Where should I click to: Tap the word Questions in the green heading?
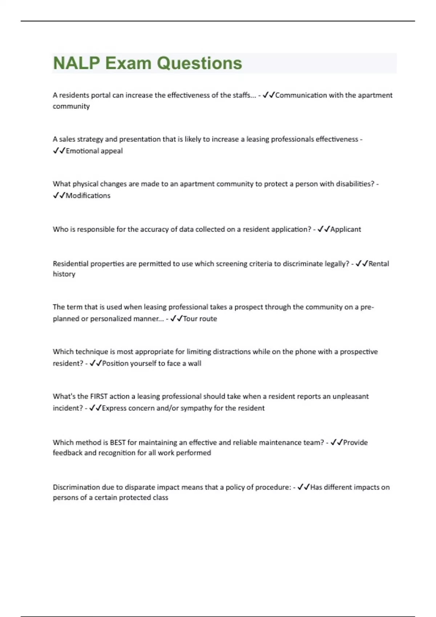(x=199, y=63)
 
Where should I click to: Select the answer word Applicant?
(x=346, y=229)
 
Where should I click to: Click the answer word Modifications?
(x=88, y=196)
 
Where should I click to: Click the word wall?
(x=194, y=363)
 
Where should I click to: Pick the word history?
(x=64, y=274)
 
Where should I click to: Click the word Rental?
(x=379, y=264)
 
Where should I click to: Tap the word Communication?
(x=301, y=95)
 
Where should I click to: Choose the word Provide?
(x=355, y=442)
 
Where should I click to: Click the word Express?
(x=114, y=408)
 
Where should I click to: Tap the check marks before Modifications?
(x=59, y=196)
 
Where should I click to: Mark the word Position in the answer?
(x=116, y=363)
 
